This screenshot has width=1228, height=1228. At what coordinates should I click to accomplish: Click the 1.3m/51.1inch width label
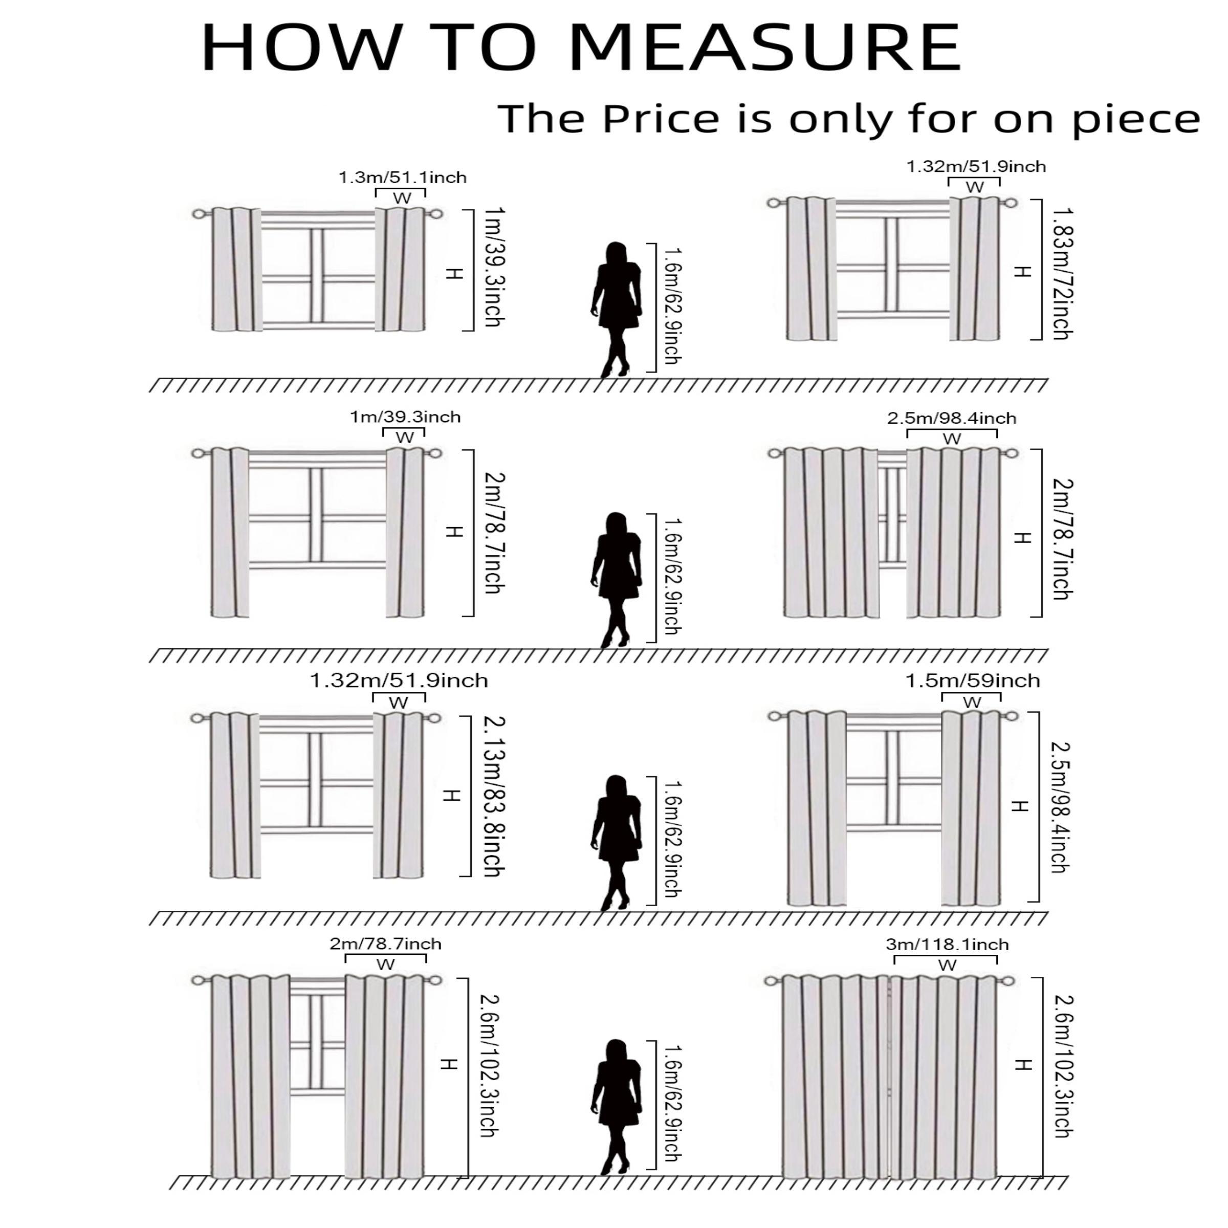(402, 178)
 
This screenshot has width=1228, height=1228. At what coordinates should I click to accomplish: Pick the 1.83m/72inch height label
(1062, 273)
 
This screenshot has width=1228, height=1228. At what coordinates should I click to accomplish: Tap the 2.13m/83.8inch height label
(494, 797)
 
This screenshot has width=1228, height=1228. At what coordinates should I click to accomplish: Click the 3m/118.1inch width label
(947, 945)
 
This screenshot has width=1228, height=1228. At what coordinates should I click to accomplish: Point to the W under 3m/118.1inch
(947, 965)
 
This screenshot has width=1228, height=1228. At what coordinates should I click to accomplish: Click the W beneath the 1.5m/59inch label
(972, 703)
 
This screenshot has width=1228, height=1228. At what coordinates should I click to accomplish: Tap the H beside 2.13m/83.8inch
(451, 795)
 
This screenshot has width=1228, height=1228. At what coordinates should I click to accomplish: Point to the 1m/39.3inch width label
(405, 417)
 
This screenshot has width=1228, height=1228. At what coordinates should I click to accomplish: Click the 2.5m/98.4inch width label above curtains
(952, 418)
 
